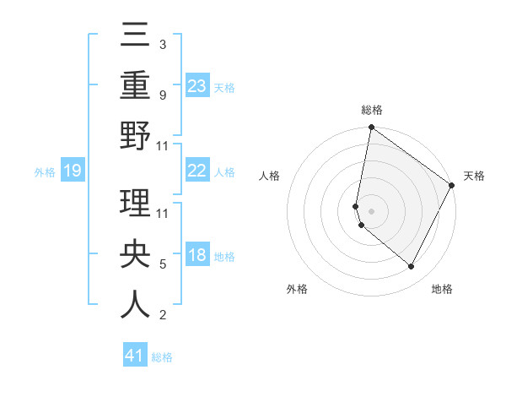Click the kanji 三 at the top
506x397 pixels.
[x=135, y=35]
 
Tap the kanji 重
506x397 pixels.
[x=135, y=84]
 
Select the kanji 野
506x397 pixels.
[x=135, y=135]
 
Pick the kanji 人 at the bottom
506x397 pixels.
[x=135, y=305]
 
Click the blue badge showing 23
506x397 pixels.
[x=196, y=85]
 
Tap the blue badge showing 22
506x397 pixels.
[x=196, y=171]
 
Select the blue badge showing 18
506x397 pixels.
[x=196, y=255]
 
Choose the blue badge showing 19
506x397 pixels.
[x=72, y=171]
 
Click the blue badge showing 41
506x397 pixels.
[x=135, y=356]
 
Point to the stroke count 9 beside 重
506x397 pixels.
[x=163, y=95]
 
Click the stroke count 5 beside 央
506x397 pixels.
[x=163, y=264]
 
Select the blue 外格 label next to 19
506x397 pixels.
[x=45, y=171]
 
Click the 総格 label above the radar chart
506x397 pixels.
[x=372, y=110]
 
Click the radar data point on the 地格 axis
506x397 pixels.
[x=412, y=266]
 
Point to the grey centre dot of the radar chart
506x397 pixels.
[x=371, y=210]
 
